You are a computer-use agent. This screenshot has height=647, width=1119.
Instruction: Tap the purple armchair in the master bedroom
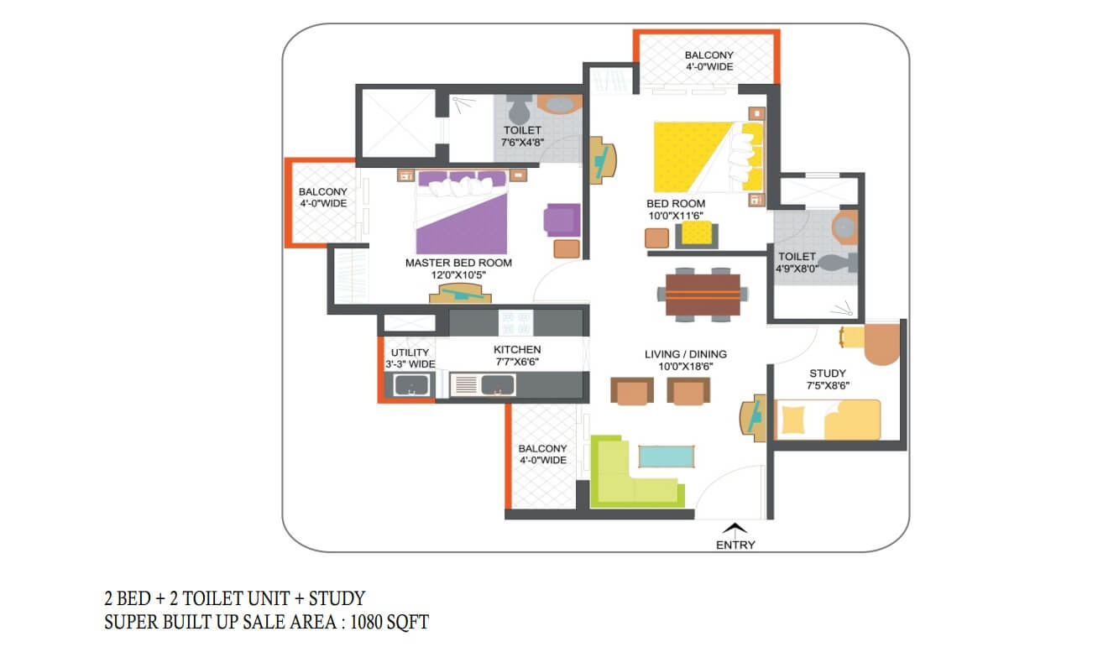click(x=562, y=220)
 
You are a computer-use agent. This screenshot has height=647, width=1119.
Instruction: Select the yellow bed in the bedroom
click(x=709, y=157)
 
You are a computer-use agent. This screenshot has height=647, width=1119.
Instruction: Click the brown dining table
click(x=703, y=295)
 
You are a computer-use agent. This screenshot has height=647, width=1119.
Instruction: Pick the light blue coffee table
click(x=666, y=457)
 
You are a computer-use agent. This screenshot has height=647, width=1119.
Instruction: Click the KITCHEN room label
click(x=517, y=349)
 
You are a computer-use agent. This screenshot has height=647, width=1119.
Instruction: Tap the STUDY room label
click(x=828, y=373)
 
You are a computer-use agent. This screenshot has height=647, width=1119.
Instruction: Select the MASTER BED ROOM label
click(x=458, y=263)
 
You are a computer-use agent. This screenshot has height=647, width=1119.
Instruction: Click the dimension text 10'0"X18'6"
click(x=685, y=367)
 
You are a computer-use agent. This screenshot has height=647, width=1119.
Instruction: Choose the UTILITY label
click(x=410, y=352)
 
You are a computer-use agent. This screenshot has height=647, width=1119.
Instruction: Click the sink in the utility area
click(x=411, y=385)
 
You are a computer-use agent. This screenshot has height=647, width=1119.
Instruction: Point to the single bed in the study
click(x=827, y=420)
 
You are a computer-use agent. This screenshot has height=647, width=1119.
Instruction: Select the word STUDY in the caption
click(x=337, y=598)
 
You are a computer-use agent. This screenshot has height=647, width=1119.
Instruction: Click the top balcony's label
click(x=709, y=60)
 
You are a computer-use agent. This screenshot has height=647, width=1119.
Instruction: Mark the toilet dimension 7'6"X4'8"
click(x=522, y=143)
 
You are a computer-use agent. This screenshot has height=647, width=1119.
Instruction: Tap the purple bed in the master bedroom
click(x=462, y=212)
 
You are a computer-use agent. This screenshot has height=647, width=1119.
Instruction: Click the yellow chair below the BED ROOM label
click(x=697, y=234)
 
